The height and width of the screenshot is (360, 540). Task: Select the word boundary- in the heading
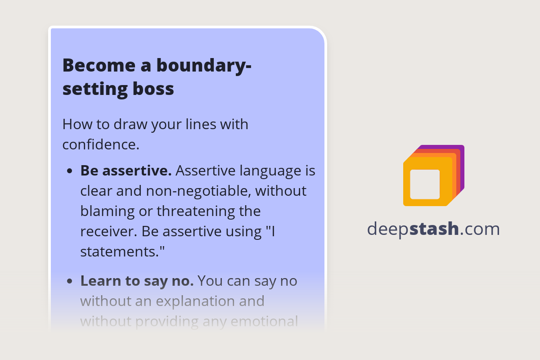point(204,65)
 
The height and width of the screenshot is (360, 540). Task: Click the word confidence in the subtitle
point(99,144)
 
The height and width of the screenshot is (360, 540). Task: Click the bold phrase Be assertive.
point(126,171)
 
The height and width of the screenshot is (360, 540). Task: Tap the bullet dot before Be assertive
point(70,171)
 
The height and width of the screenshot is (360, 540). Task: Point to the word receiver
point(108,231)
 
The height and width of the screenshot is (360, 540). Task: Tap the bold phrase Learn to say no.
point(137,281)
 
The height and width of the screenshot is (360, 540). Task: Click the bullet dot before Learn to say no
point(70,281)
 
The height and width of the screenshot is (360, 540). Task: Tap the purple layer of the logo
point(461,153)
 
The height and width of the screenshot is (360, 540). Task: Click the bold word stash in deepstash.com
point(434,229)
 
